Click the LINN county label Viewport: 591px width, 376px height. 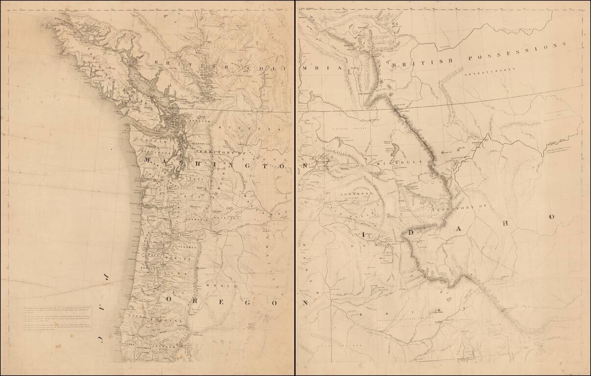(171, 271)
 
